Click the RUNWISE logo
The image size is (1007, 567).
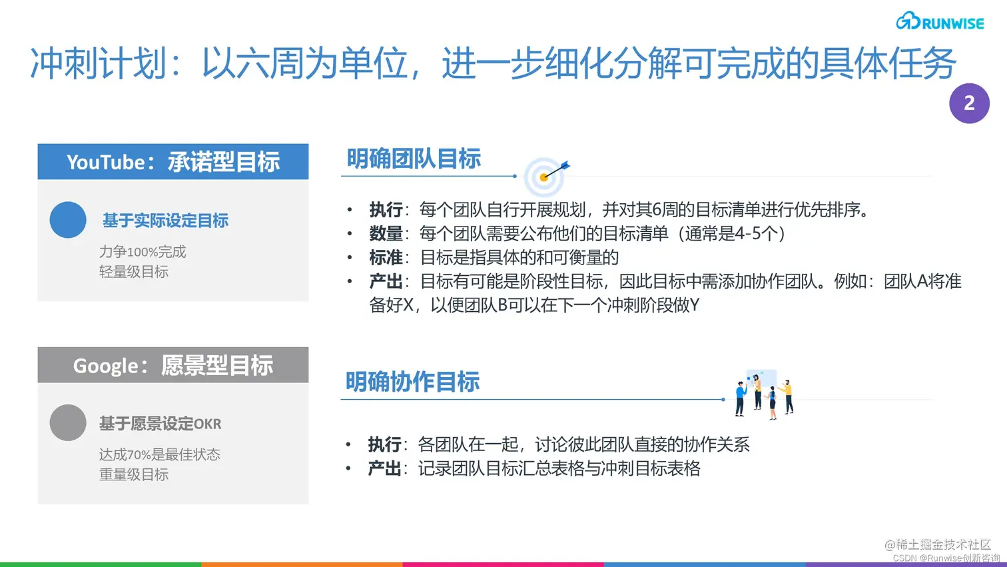click(939, 22)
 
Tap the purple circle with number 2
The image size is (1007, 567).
click(969, 103)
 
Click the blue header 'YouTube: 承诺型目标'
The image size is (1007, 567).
click(173, 162)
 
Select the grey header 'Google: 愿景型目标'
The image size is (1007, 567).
click(173, 365)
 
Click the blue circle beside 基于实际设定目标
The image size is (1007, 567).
click(68, 220)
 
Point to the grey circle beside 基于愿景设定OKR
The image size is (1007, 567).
click(68, 422)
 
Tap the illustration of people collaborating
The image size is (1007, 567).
click(765, 393)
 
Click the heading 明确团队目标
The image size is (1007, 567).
click(414, 159)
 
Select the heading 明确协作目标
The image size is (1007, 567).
click(412, 382)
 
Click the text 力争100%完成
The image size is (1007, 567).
click(143, 252)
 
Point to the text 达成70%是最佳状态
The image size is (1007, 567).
click(160, 454)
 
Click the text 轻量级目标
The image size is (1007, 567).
click(134, 272)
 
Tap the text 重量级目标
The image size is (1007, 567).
click(134, 474)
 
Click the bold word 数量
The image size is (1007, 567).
click(386, 234)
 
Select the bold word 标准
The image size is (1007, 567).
click(386, 258)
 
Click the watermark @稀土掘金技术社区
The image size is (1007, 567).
click(938, 544)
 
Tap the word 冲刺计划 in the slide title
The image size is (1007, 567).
click(98, 64)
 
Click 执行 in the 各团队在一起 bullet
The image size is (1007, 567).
click(384, 444)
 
